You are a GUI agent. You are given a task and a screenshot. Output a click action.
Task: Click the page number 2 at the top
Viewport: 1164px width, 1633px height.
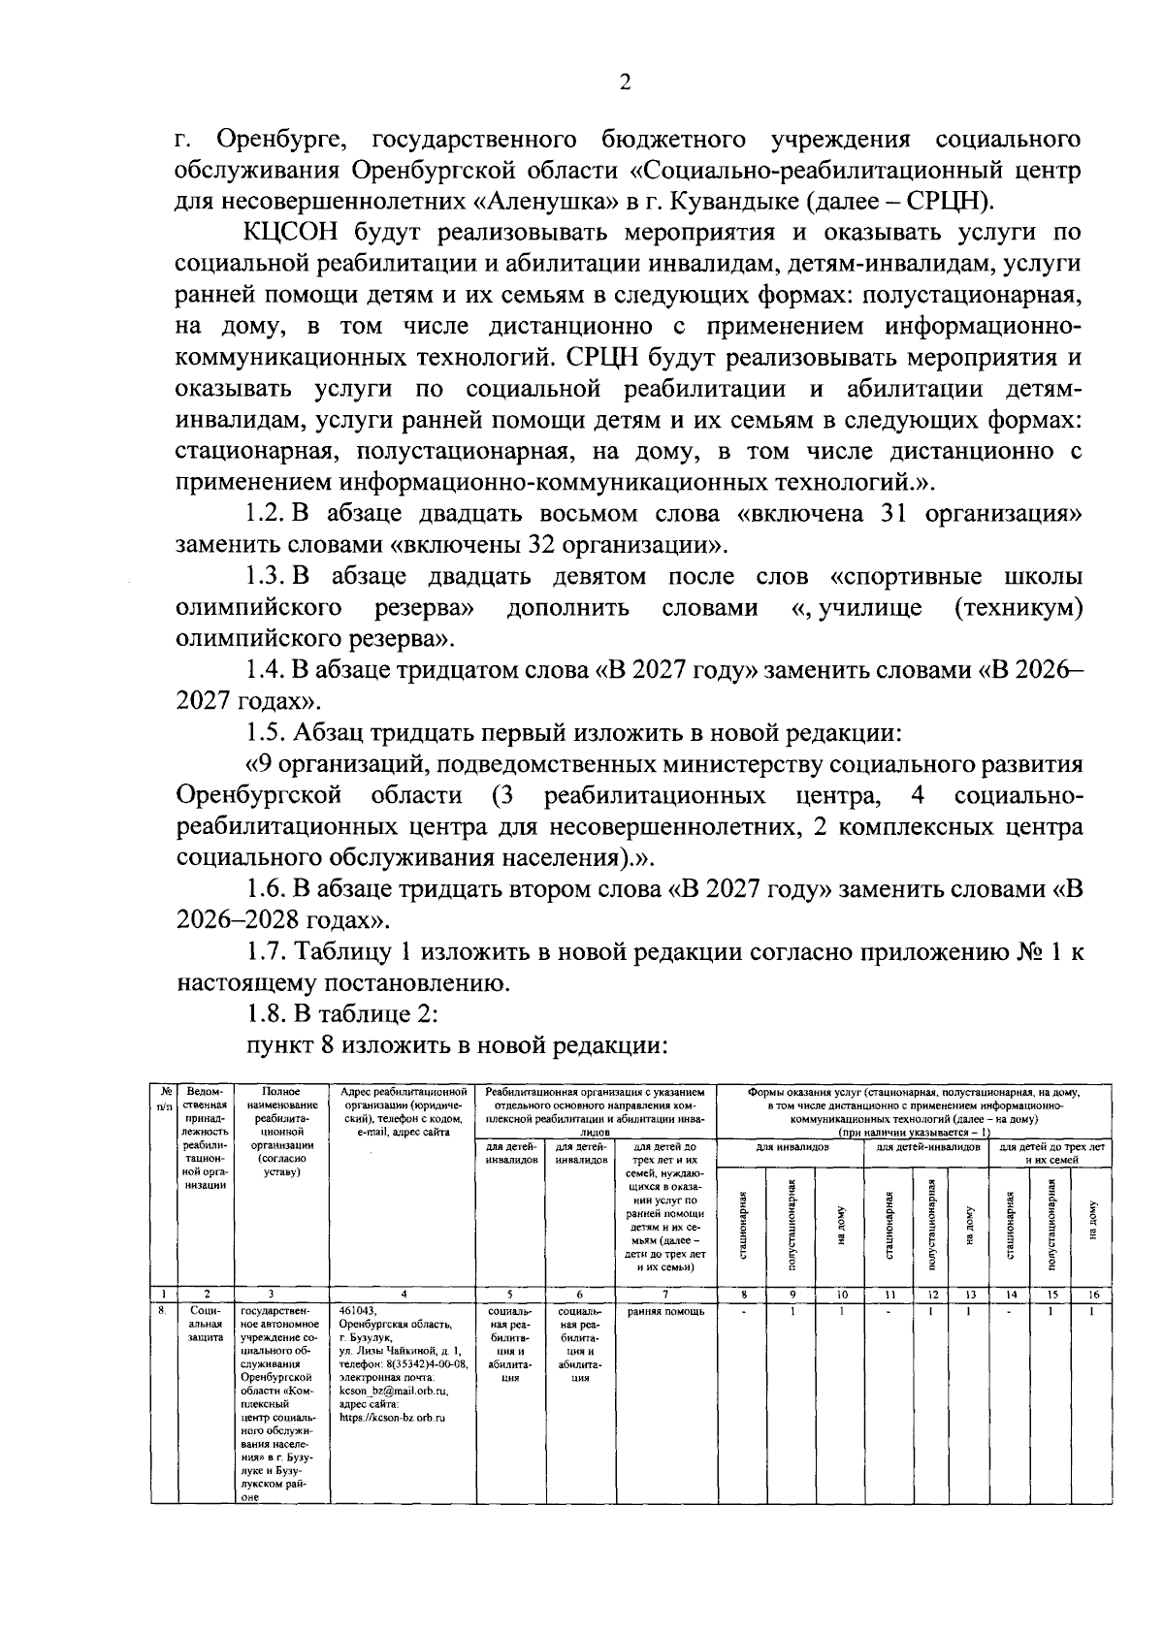[625, 82]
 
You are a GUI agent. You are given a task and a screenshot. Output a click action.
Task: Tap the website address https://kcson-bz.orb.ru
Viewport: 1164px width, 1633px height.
[392, 1418]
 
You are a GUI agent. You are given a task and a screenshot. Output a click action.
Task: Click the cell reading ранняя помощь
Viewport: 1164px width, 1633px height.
[665, 1312]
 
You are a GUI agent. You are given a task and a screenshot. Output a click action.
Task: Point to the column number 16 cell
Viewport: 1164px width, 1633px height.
[1092, 1294]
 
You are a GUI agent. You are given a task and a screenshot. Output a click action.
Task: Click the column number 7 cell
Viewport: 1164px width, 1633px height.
[665, 1294]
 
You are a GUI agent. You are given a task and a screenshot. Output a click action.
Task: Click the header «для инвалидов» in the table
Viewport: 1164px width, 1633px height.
[792, 1146]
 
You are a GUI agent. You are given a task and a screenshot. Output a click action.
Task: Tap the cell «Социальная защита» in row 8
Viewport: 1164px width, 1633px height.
[205, 1324]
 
